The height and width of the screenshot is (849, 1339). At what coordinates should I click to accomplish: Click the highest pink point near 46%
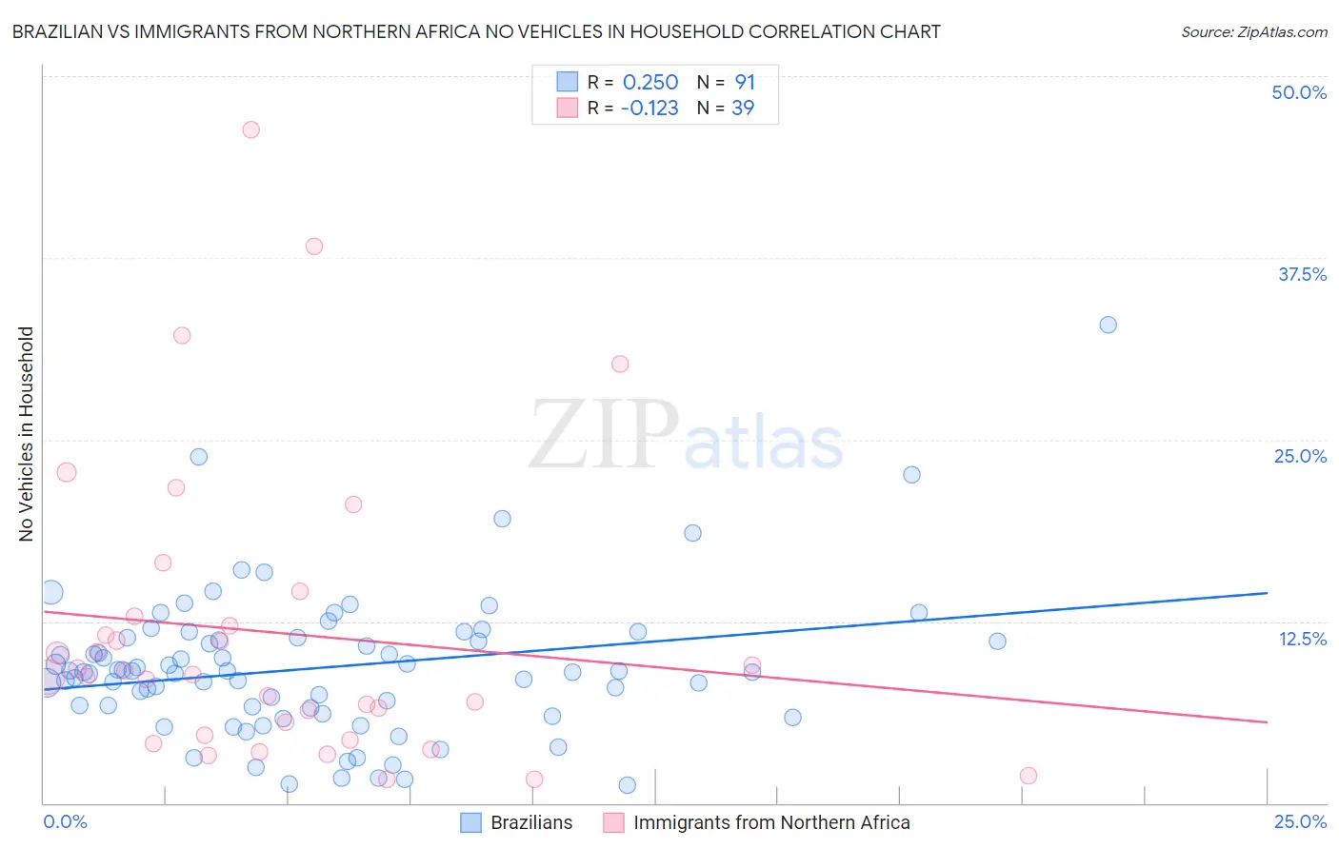tap(250, 129)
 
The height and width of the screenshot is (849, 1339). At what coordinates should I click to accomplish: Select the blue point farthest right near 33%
tap(1108, 325)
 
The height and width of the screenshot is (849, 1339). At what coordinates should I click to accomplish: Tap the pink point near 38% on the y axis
tap(313, 246)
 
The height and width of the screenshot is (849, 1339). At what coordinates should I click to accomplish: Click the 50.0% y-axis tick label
tap(1299, 92)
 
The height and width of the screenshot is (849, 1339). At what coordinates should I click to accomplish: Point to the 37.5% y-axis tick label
tap(1302, 274)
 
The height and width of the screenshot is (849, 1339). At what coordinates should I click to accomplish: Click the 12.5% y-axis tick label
tap(1302, 639)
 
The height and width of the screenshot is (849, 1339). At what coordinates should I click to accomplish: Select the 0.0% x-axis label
tap(65, 821)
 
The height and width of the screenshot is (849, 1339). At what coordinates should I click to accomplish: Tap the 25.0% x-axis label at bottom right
tap(1300, 821)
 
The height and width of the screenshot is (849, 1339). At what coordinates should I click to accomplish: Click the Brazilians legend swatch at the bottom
tap(470, 822)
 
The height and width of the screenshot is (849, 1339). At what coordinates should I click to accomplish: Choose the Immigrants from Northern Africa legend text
tap(771, 822)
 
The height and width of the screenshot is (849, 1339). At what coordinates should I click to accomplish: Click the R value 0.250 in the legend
tap(650, 82)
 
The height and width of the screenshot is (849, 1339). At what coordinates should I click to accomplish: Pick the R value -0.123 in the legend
tap(650, 108)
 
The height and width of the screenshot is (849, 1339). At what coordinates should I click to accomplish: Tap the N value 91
tap(745, 82)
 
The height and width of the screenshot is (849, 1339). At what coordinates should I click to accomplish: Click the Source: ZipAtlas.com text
tap(1253, 31)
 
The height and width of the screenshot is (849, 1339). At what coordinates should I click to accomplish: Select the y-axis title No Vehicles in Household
tap(27, 434)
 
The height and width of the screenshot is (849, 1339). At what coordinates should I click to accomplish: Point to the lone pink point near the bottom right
tap(1028, 776)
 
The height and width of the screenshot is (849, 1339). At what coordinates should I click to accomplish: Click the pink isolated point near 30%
tap(620, 364)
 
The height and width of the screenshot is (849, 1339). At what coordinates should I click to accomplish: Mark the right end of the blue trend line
tap(1267, 593)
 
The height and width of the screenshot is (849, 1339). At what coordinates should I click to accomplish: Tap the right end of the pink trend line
tap(1267, 722)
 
